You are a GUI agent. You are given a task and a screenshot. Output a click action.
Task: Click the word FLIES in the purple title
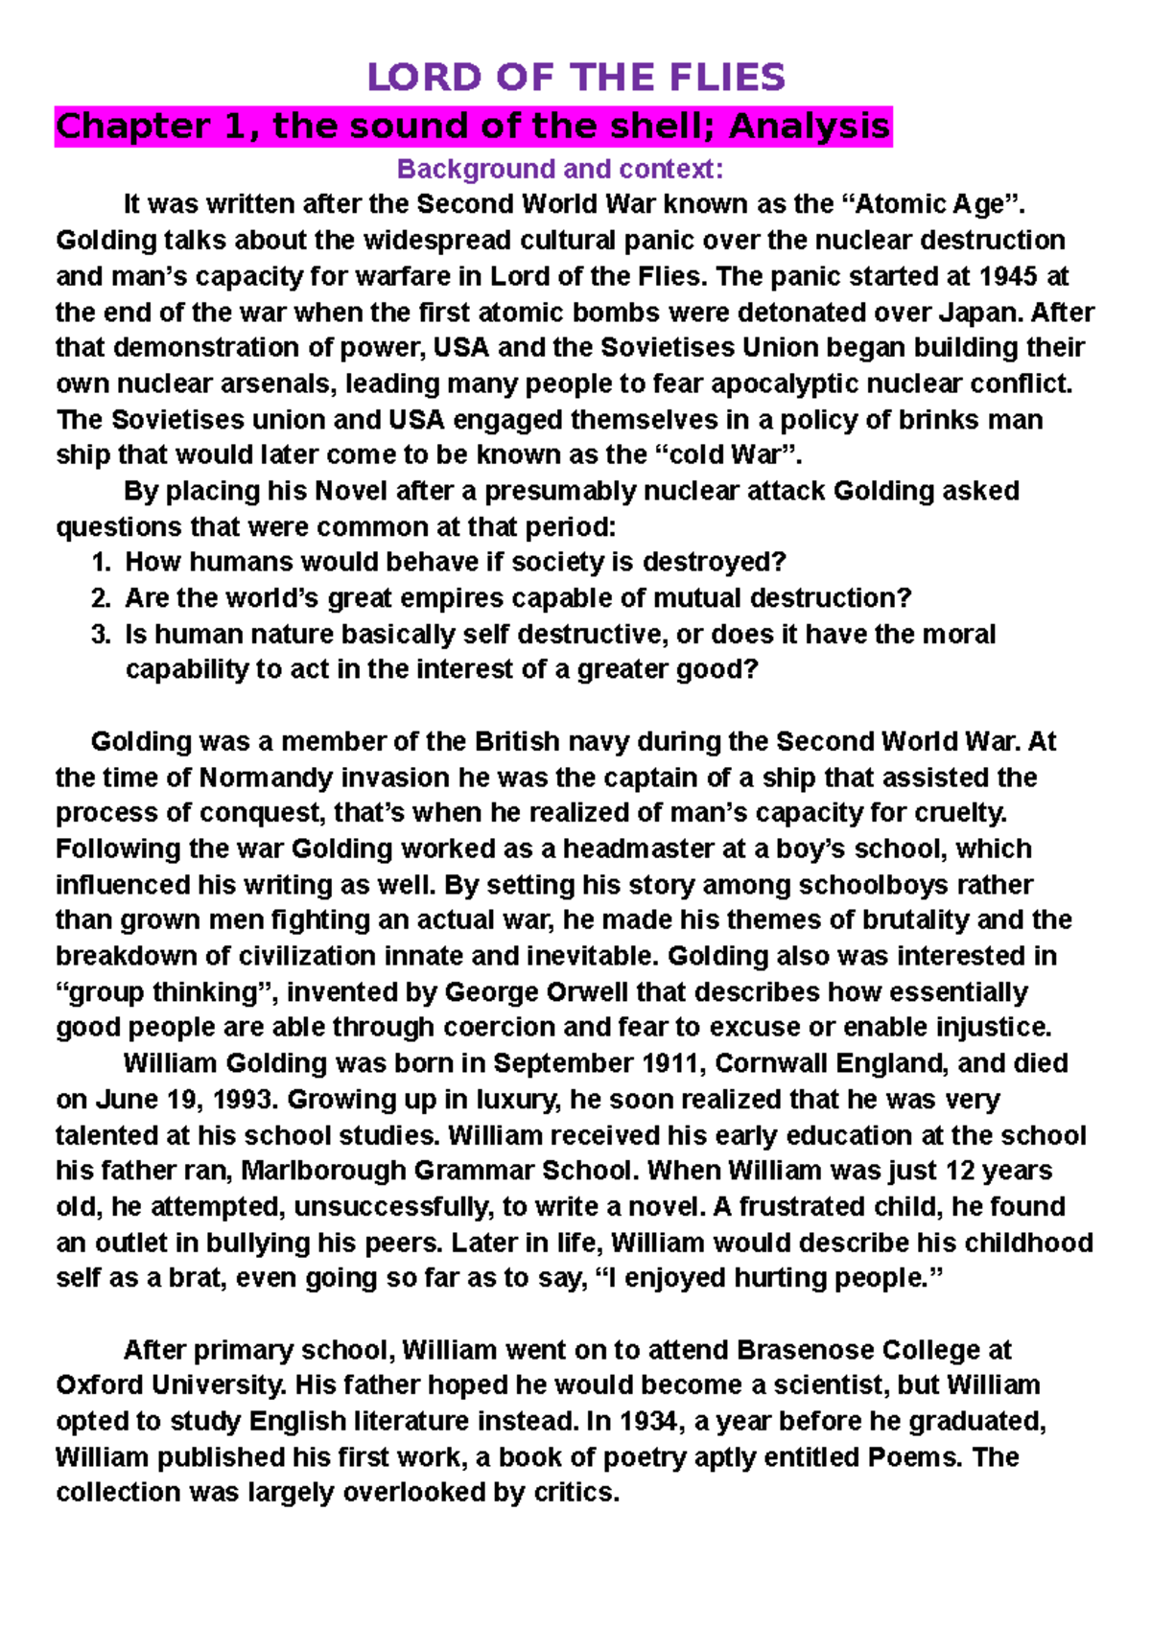click(729, 77)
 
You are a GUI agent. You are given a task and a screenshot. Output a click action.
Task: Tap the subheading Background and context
click(560, 170)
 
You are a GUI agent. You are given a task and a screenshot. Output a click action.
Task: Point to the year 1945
click(1008, 276)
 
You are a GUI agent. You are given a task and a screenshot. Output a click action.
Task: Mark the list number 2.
click(102, 598)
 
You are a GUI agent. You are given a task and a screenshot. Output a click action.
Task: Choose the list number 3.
click(102, 635)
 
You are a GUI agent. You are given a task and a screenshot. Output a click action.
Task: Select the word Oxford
click(100, 1385)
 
